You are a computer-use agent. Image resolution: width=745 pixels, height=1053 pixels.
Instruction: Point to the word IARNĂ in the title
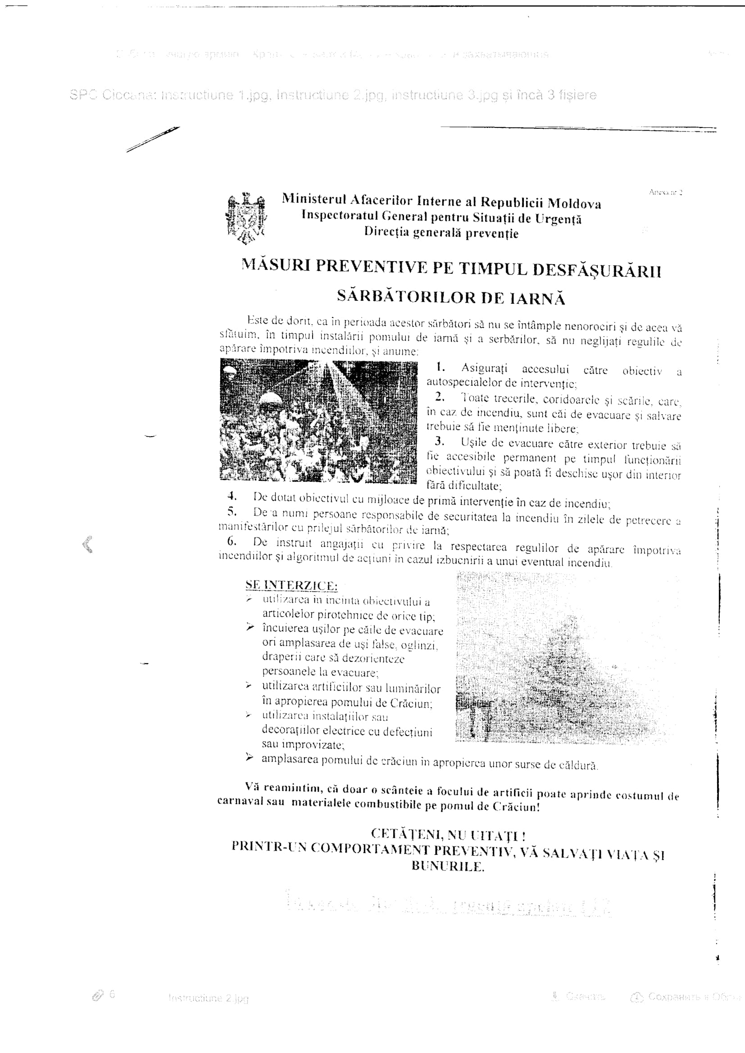click(x=537, y=298)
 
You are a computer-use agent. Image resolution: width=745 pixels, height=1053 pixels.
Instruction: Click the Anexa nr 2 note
click(x=665, y=192)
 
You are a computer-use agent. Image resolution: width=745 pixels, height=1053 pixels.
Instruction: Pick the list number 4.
click(x=232, y=496)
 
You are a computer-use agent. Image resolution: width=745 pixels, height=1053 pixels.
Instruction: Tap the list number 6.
click(x=232, y=541)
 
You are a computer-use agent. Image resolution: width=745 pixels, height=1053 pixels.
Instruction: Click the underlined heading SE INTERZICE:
click(x=291, y=585)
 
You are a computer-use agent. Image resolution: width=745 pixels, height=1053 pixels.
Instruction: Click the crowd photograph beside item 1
click(x=318, y=420)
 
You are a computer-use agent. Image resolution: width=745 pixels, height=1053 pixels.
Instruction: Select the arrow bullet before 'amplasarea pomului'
click(x=249, y=758)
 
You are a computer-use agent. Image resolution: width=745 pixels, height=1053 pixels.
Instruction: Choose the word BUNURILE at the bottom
click(x=447, y=866)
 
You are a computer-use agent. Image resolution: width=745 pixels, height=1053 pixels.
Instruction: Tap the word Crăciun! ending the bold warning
click(x=516, y=807)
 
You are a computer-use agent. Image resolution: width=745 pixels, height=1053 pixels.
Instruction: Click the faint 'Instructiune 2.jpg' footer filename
click(x=208, y=998)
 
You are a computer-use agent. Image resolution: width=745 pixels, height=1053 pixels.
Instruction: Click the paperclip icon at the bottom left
click(x=98, y=995)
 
